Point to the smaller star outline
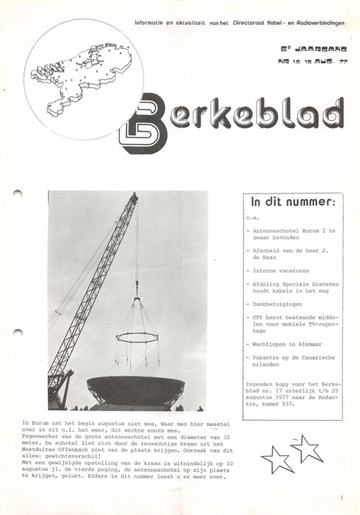pos(276,460)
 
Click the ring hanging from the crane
pos(137,337)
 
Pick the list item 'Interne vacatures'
pos(280,271)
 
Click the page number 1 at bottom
pos(342,498)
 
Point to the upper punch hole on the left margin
pos(18,193)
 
